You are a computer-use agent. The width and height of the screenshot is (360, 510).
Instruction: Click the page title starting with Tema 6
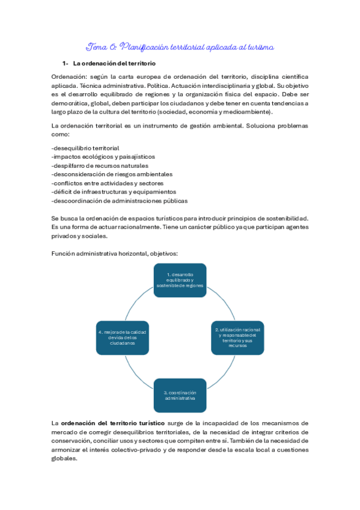(x=180, y=46)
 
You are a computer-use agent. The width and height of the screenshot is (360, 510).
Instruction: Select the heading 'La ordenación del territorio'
(x=114, y=63)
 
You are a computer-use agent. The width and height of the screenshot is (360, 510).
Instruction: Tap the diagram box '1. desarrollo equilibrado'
(x=180, y=280)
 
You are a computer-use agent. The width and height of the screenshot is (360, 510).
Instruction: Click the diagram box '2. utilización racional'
(x=237, y=338)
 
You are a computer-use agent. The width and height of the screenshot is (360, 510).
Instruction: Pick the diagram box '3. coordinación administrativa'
(x=180, y=395)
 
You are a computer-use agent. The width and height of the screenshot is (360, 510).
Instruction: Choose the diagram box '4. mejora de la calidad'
(x=122, y=337)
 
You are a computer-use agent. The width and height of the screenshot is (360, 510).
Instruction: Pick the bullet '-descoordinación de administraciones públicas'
(x=120, y=200)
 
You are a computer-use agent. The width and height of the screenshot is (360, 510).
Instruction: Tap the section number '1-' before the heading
(x=66, y=63)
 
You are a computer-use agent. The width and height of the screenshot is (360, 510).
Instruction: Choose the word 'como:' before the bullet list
(x=61, y=135)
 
